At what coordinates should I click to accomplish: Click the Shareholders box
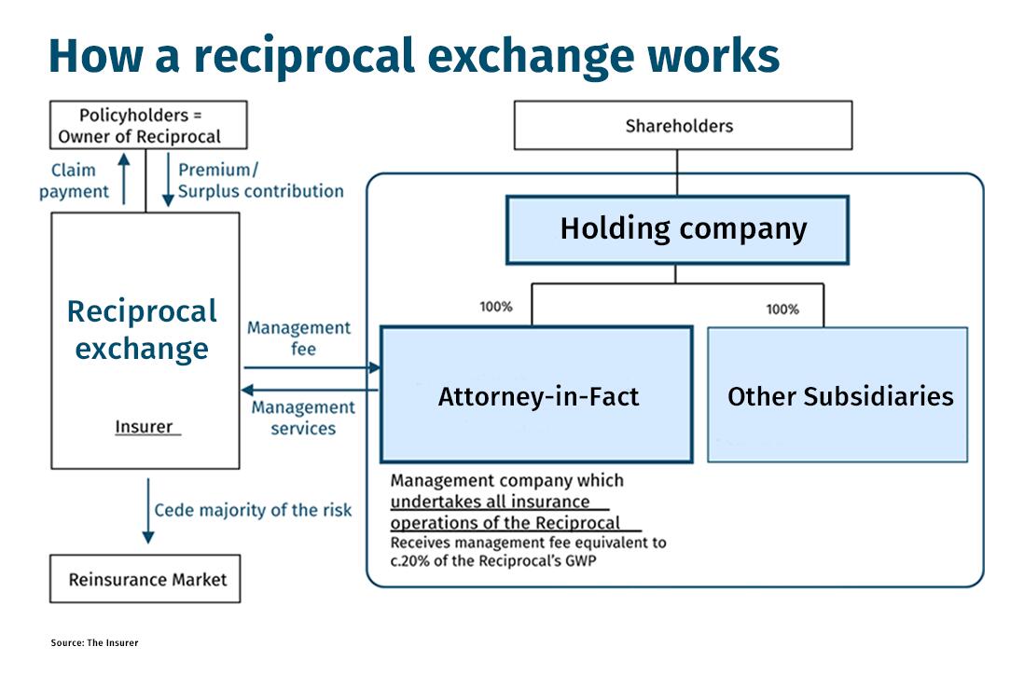tap(683, 125)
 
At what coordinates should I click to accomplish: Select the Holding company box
tap(677, 229)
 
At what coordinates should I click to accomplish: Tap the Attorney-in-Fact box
tap(536, 394)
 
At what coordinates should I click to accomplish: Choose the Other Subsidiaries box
tap(837, 395)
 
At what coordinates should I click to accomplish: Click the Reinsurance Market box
tap(145, 579)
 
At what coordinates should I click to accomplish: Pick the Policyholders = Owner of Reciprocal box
tap(148, 125)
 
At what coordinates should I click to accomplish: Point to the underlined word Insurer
tap(145, 427)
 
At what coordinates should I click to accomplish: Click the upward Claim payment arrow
tap(124, 179)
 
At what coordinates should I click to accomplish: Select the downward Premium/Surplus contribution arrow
tap(168, 180)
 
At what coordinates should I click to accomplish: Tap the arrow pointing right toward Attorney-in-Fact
tap(312, 367)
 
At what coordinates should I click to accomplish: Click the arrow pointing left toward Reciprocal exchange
tap(310, 391)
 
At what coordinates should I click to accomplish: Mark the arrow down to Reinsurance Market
tap(148, 511)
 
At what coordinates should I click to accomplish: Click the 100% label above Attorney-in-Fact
tap(496, 307)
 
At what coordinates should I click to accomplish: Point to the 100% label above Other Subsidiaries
tap(782, 310)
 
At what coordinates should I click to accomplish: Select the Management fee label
tap(299, 338)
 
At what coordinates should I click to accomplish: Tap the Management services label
tap(303, 418)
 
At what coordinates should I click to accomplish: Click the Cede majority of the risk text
tap(253, 510)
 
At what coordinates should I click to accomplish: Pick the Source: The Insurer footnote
tap(95, 643)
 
